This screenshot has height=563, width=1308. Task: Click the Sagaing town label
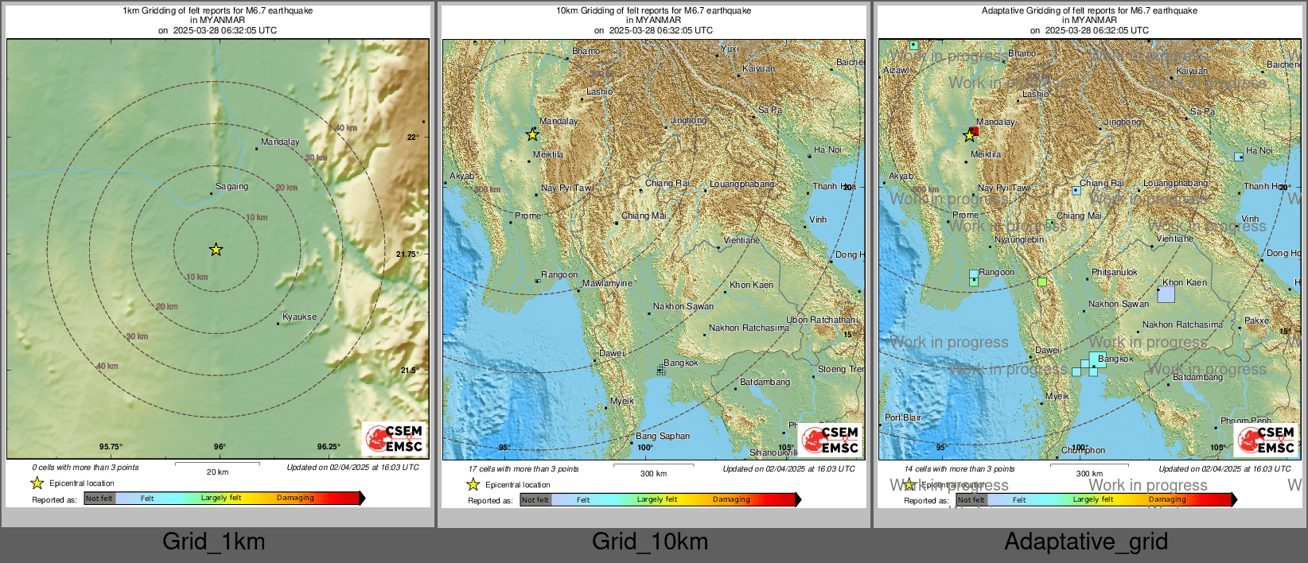click(232, 187)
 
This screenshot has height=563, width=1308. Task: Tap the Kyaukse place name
click(299, 317)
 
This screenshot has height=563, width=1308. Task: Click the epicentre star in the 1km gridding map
click(216, 250)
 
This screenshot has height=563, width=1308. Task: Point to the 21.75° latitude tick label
click(407, 254)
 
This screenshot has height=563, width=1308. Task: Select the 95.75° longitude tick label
click(111, 447)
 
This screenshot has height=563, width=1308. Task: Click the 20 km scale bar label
click(217, 472)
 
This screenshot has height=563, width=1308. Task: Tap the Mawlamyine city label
click(607, 284)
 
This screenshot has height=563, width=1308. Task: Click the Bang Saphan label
click(662, 437)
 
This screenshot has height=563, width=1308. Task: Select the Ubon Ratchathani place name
click(822, 320)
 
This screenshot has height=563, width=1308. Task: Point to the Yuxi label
click(730, 49)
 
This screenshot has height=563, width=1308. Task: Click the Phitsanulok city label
click(1114, 273)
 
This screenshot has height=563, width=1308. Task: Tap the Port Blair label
click(903, 417)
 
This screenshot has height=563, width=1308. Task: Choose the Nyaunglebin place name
click(1019, 240)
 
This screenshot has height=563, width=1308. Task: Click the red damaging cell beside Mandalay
click(974, 130)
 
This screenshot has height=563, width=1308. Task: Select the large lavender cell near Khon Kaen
click(1166, 294)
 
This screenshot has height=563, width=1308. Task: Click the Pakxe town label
click(1256, 321)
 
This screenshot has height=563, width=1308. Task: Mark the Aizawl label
click(895, 71)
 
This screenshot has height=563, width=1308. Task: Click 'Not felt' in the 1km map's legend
click(99, 499)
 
